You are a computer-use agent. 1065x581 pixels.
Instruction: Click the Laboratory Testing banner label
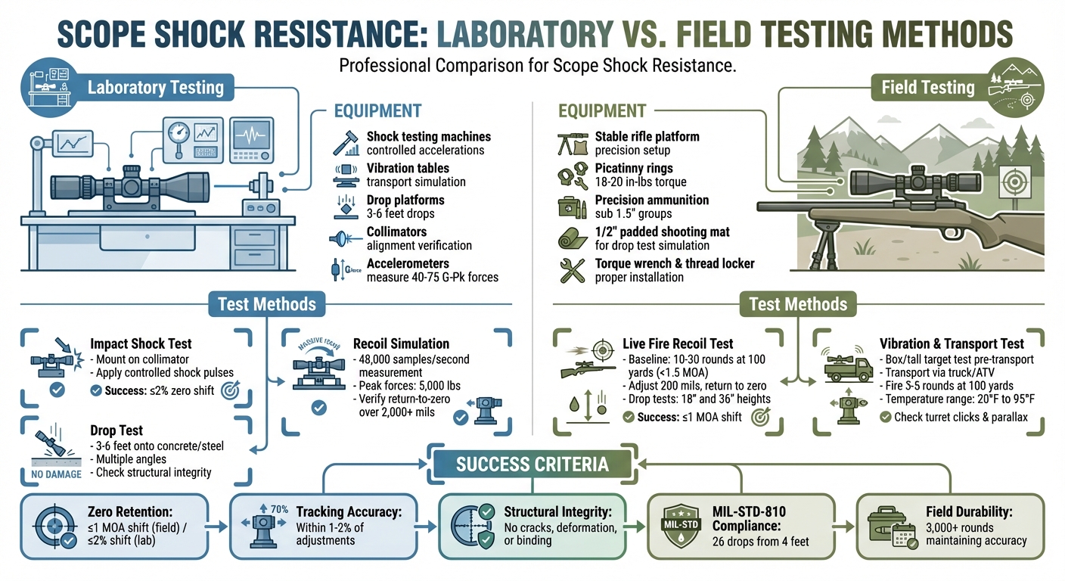(x=155, y=87)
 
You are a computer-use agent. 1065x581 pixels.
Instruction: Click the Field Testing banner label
(x=927, y=87)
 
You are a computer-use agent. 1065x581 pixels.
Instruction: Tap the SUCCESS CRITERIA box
(x=532, y=463)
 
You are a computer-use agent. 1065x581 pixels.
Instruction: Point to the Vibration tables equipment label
(x=408, y=168)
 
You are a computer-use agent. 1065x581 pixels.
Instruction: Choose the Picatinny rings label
(x=634, y=168)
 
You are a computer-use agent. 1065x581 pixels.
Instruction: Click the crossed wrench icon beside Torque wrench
(x=572, y=270)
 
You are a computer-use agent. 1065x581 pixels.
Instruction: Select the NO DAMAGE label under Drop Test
(x=52, y=475)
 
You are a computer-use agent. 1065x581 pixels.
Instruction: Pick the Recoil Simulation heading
(x=402, y=343)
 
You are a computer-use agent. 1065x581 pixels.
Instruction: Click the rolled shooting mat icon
(x=572, y=238)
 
